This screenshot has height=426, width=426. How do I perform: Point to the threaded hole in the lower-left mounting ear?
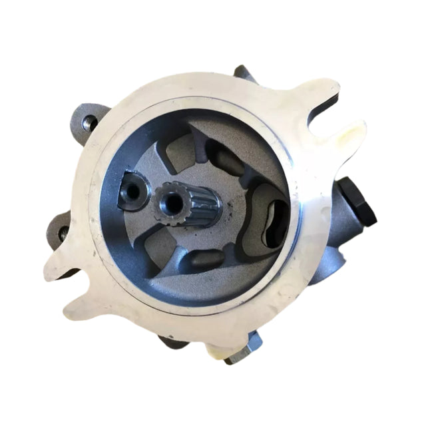click(x=63, y=232)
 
